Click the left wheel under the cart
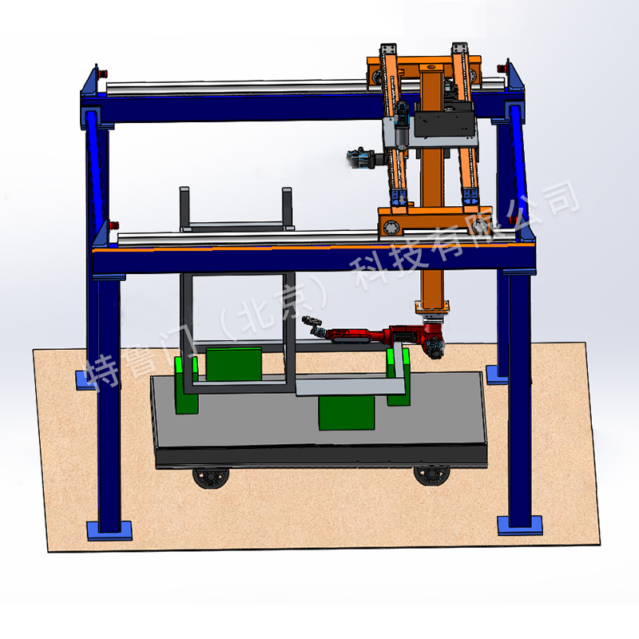[x=211, y=478]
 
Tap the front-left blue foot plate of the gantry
[x=109, y=530]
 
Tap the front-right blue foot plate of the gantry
[x=520, y=526]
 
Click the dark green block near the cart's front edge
[x=347, y=412]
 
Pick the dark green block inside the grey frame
[x=233, y=364]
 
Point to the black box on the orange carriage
[x=445, y=119]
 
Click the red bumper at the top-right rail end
[x=502, y=68]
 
